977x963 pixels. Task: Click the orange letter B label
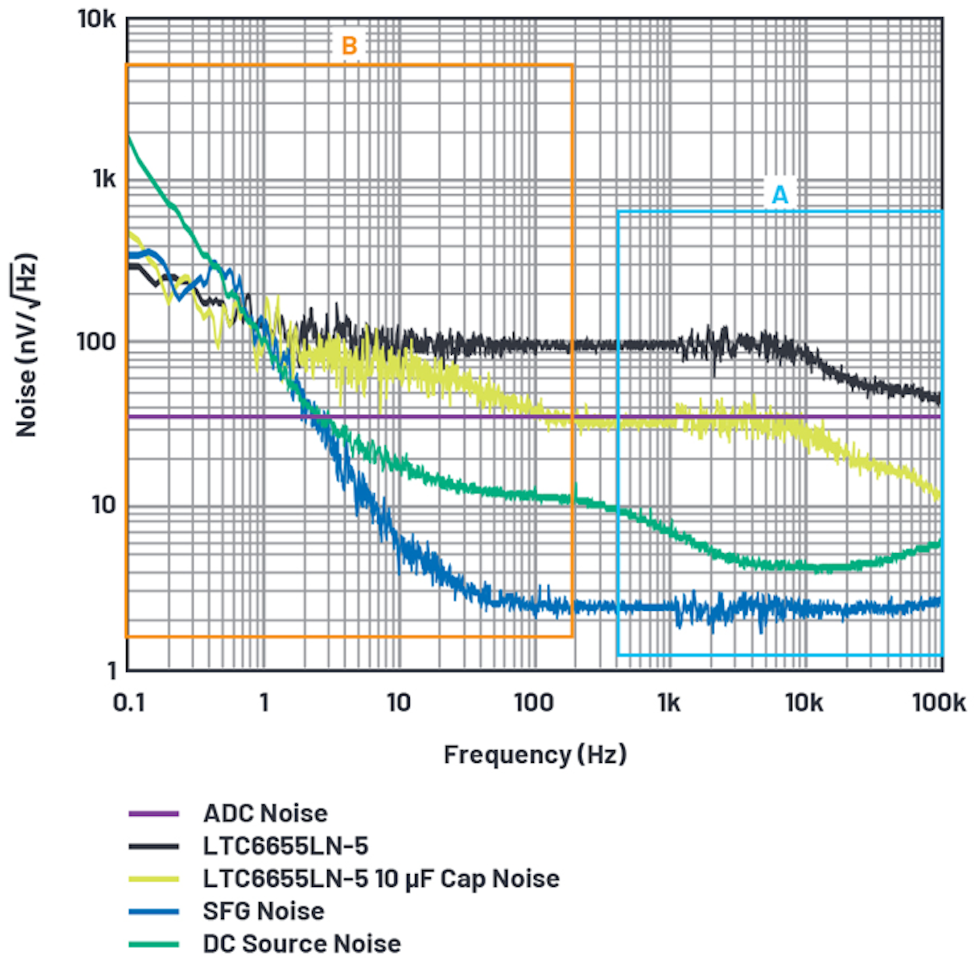[x=349, y=45]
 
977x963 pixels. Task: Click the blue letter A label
[x=780, y=195]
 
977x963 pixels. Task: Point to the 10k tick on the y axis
[x=97, y=19]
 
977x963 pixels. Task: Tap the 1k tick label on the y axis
[x=104, y=178]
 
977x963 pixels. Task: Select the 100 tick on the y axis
[x=97, y=341]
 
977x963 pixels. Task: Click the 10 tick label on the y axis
[x=103, y=504]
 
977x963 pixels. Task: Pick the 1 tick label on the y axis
[x=113, y=671]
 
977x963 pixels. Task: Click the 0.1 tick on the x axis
[x=129, y=702]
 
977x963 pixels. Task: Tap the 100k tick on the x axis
[x=938, y=702]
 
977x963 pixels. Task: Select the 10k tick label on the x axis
[x=804, y=702]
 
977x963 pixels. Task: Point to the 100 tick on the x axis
[x=534, y=702]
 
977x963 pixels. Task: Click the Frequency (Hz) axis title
[x=535, y=754]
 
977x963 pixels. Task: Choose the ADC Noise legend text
[x=265, y=813]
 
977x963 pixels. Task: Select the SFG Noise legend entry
[x=263, y=911]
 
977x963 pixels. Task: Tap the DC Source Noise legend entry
[x=301, y=943]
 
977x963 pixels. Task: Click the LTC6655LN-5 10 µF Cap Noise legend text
[x=381, y=878]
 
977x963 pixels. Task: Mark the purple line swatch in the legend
[x=153, y=813]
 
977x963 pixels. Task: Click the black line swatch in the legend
[x=153, y=846]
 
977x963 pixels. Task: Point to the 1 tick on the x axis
[x=264, y=702]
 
